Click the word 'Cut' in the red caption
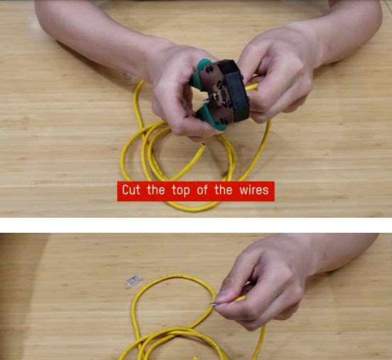[x=131, y=190]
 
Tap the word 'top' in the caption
[x=181, y=191]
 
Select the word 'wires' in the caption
[x=254, y=190]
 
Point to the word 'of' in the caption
[x=202, y=190]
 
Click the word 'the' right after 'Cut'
[x=156, y=190]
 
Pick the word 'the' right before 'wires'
[x=223, y=190]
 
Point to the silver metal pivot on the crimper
[x=215, y=95]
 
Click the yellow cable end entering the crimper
[x=251, y=87]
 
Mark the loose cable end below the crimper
[x=203, y=146]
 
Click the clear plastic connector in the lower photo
[x=134, y=281]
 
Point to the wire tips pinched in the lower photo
[x=214, y=304]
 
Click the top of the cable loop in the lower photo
[x=175, y=276]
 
